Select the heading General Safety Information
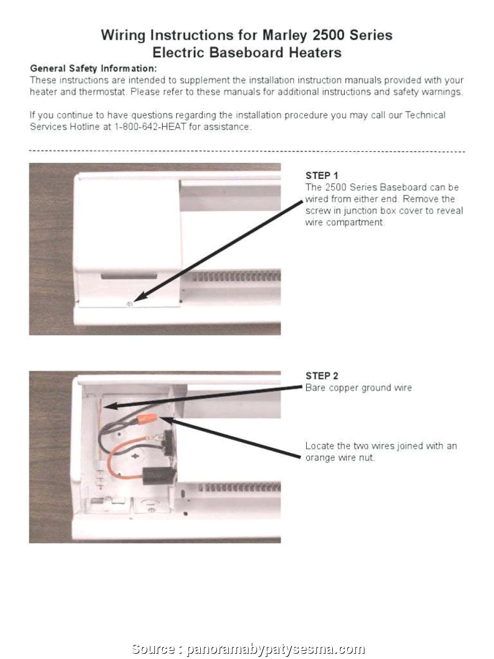[93, 69]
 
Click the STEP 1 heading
[322, 175]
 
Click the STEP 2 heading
[322, 376]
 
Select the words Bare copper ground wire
[359, 388]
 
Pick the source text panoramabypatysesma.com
[275, 649]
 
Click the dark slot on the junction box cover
[128, 276]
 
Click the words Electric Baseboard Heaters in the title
[247, 53]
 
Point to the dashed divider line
[247, 151]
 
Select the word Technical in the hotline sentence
[425, 115]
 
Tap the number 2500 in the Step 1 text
[334, 187]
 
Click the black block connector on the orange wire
[159, 475]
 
